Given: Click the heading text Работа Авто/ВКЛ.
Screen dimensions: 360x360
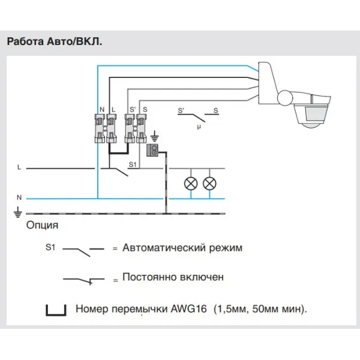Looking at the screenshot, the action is click(55, 42).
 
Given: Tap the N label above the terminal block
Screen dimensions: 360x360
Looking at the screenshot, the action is click(102, 110).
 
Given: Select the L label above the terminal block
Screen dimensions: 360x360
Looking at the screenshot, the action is click(113, 110).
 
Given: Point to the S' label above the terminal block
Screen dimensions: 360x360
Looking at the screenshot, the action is click(133, 109).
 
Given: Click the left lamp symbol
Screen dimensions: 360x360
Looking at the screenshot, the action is click(191, 184).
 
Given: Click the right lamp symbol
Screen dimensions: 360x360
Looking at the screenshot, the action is click(209, 184).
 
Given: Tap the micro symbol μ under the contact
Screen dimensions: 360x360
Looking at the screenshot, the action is click(199, 127).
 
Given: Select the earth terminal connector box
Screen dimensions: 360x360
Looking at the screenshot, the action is click(152, 151).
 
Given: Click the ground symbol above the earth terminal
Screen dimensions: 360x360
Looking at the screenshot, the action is click(155, 136).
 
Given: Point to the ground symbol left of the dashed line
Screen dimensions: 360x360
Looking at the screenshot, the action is click(18, 212).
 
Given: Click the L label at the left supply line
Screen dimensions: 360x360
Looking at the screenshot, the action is click(19, 167).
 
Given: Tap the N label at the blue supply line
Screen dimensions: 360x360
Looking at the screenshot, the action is click(19, 197).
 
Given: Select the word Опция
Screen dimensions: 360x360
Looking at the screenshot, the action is click(42, 225).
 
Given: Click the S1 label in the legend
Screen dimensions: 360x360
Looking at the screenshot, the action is click(50, 247).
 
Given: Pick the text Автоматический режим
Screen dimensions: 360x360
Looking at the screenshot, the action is click(182, 248).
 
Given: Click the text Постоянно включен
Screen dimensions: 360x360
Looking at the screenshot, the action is click(173, 277).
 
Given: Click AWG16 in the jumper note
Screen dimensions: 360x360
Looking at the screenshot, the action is click(189, 309).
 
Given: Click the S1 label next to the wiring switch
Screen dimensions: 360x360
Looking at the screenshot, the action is click(133, 164).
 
